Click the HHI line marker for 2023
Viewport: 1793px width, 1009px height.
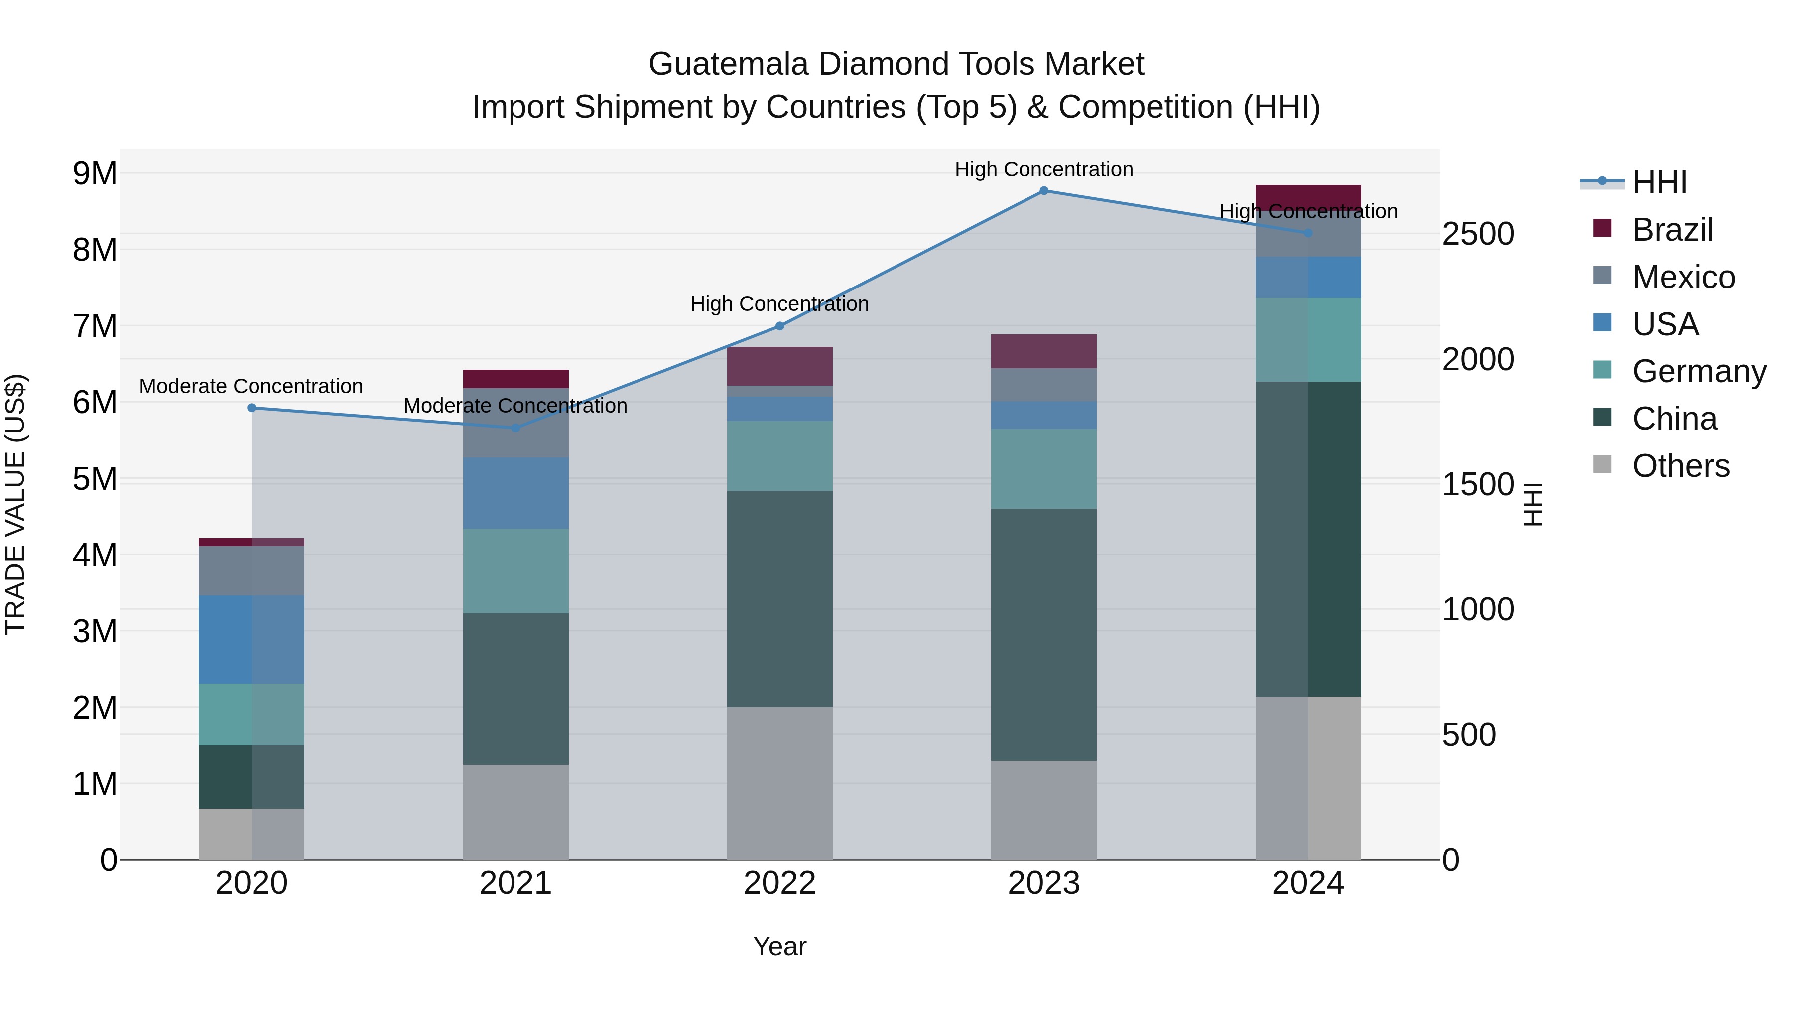pyautogui.click(x=1043, y=191)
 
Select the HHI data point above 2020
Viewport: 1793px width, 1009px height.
pyautogui.click(x=252, y=408)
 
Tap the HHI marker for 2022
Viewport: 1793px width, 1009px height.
pyautogui.click(x=779, y=326)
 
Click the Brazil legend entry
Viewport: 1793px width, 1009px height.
pyautogui.click(x=1672, y=230)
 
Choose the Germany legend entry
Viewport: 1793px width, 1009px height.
pyautogui.click(x=1698, y=371)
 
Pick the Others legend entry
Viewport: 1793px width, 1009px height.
pyautogui.click(x=1680, y=466)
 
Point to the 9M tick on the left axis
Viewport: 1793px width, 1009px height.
pyautogui.click(x=95, y=173)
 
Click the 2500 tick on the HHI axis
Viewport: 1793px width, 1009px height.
pyautogui.click(x=1478, y=234)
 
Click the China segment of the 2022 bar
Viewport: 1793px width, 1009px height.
pyautogui.click(x=779, y=599)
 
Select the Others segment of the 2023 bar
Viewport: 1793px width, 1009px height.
pyautogui.click(x=1043, y=810)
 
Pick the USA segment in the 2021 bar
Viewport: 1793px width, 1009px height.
pyautogui.click(x=516, y=493)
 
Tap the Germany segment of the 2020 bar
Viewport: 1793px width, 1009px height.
pyautogui.click(x=252, y=715)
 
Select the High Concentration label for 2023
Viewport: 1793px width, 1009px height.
pyautogui.click(x=1043, y=169)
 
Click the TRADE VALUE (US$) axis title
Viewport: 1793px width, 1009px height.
pyautogui.click(x=15, y=504)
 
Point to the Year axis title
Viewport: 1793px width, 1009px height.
pyautogui.click(x=779, y=946)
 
